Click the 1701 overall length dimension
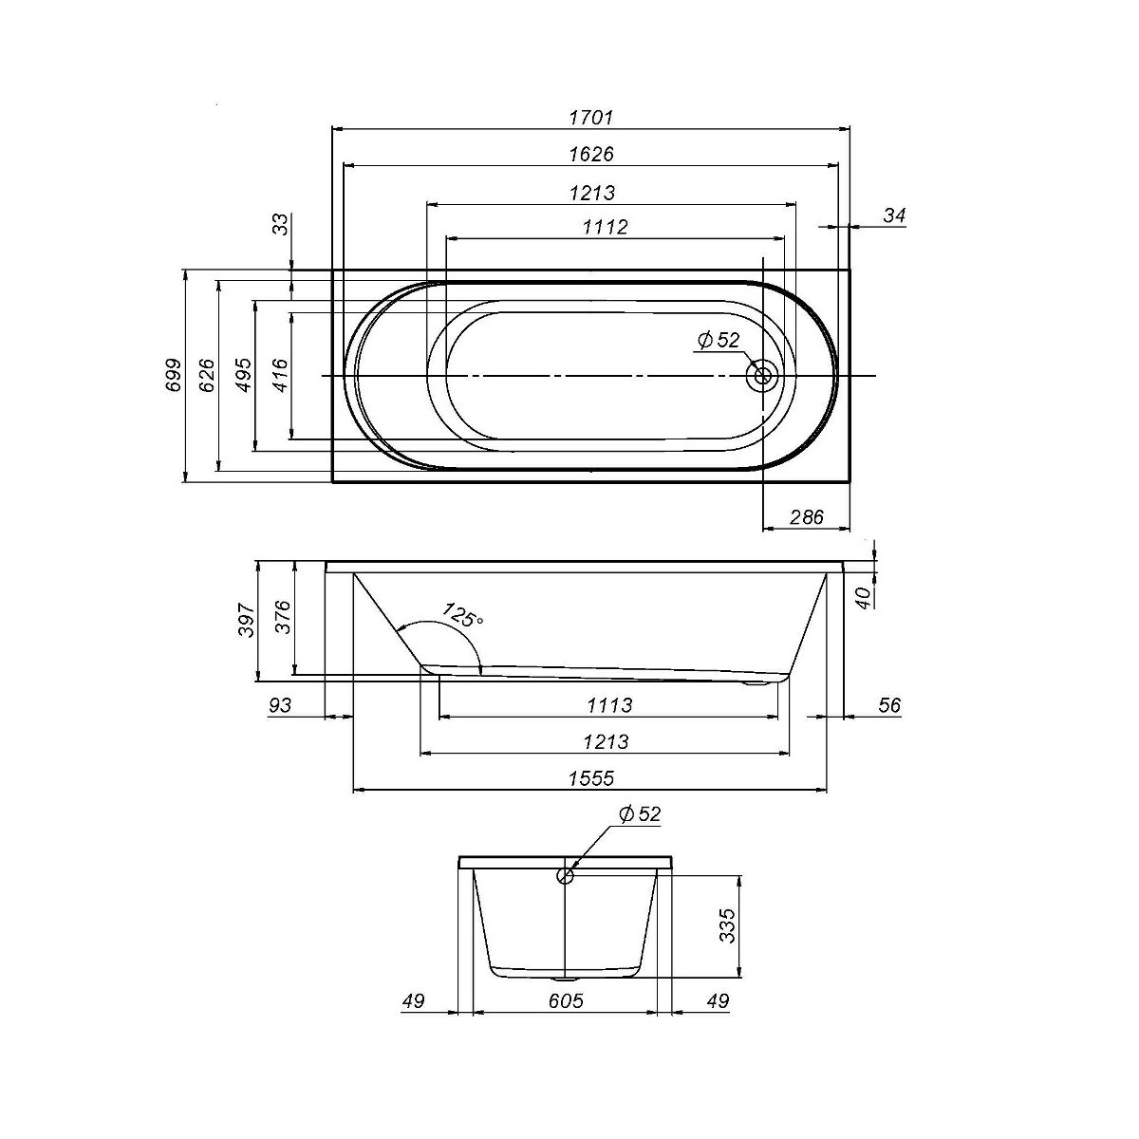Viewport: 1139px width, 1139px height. click(x=591, y=118)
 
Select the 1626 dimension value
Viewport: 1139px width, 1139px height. click(x=591, y=155)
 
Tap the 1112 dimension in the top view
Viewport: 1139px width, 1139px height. click(x=606, y=227)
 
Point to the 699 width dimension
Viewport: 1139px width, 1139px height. click(x=173, y=375)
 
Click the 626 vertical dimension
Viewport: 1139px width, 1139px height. click(x=206, y=375)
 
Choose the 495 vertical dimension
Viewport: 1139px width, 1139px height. click(x=244, y=375)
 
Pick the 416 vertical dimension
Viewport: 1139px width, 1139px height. click(x=281, y=375)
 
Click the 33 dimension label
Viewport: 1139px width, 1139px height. click(x=283, y=224)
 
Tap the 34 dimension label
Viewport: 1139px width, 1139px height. click(x=894, y=215)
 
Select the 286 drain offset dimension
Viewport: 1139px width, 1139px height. click(x=806, y=517)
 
